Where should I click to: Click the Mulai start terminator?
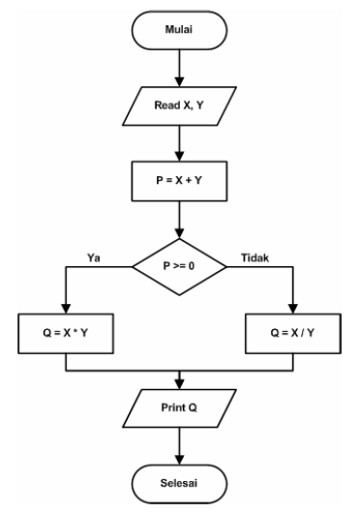(180, 32)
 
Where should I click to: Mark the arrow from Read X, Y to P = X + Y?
(180, 142)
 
